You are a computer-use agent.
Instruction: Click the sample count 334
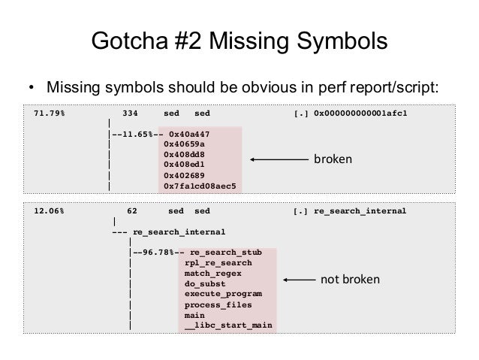pos(130,113)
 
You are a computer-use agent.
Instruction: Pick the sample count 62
pos(132,211)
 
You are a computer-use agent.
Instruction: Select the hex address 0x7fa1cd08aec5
pos(200,185)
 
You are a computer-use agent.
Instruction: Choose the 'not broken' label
pos(350,280)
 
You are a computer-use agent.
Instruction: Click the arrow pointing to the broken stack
pos(277,159)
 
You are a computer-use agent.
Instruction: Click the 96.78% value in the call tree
pos(154,253)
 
